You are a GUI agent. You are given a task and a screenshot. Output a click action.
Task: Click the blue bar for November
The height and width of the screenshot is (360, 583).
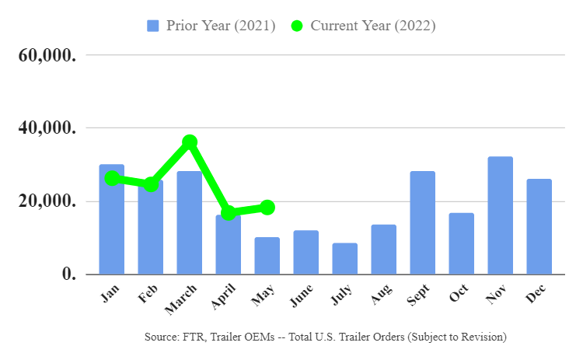500,215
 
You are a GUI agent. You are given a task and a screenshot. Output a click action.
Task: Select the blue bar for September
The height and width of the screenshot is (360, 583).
422,223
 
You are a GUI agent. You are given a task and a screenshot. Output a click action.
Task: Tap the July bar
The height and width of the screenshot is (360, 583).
344,259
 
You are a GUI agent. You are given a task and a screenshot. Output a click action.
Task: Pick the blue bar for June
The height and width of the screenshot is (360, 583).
306,253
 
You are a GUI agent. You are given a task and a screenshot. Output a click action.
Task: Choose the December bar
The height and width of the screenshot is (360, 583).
539,227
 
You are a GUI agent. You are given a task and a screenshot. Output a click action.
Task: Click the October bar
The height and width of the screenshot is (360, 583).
462,243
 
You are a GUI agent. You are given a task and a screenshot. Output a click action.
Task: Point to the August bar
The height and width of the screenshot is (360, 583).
384,250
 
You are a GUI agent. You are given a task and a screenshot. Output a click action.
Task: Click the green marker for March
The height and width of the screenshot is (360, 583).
190,142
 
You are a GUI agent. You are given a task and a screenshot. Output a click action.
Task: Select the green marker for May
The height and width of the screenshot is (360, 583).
267,208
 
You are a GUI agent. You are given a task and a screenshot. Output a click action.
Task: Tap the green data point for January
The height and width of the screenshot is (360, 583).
112,179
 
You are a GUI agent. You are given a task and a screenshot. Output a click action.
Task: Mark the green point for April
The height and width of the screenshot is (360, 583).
229,213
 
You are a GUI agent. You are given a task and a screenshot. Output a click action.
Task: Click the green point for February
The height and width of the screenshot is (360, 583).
151,183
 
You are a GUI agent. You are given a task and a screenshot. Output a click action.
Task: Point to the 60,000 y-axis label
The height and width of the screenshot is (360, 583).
47,55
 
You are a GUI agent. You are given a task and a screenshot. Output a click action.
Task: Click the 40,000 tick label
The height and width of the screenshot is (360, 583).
47,128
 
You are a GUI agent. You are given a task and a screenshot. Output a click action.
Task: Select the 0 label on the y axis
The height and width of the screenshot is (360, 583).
68,274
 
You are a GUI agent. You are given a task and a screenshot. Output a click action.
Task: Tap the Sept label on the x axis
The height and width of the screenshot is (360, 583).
418,295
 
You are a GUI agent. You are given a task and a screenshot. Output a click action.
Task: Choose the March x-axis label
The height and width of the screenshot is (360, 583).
180,299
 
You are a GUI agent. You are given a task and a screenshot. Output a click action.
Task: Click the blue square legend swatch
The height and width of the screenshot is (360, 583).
153,26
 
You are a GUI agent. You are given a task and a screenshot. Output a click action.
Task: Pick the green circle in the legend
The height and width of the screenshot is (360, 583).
297,26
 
